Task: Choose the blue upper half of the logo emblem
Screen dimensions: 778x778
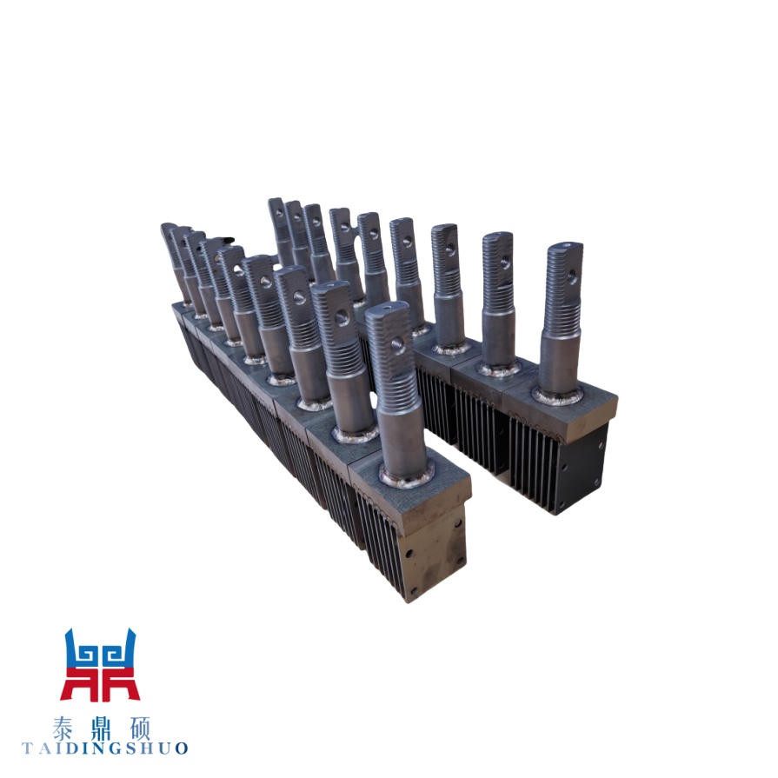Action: [x=100, y=648]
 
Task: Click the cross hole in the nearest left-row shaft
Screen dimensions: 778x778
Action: [x=397, y=342]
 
